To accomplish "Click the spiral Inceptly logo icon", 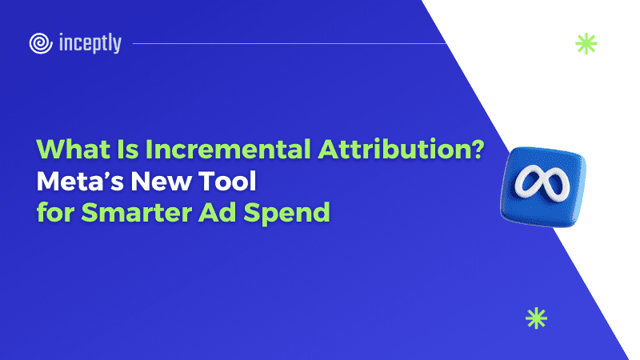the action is pos(41,43).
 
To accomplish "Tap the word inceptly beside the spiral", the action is pos(90,43).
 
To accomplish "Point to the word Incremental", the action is pos(228,149).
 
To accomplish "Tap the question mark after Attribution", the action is pos(475,149).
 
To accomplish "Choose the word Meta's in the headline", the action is pos(80,182).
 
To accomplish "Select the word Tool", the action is pos(227,182).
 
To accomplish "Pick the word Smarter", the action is pos(136,213).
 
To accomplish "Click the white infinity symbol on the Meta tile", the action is pos(542,182).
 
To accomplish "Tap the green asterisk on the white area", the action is pos(586,44).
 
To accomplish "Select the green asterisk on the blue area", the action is pos(536,318).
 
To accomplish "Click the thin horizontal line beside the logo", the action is pos(290,43).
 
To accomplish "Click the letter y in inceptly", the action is pos(116,46).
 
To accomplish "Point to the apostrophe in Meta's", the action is pos(109,174).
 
